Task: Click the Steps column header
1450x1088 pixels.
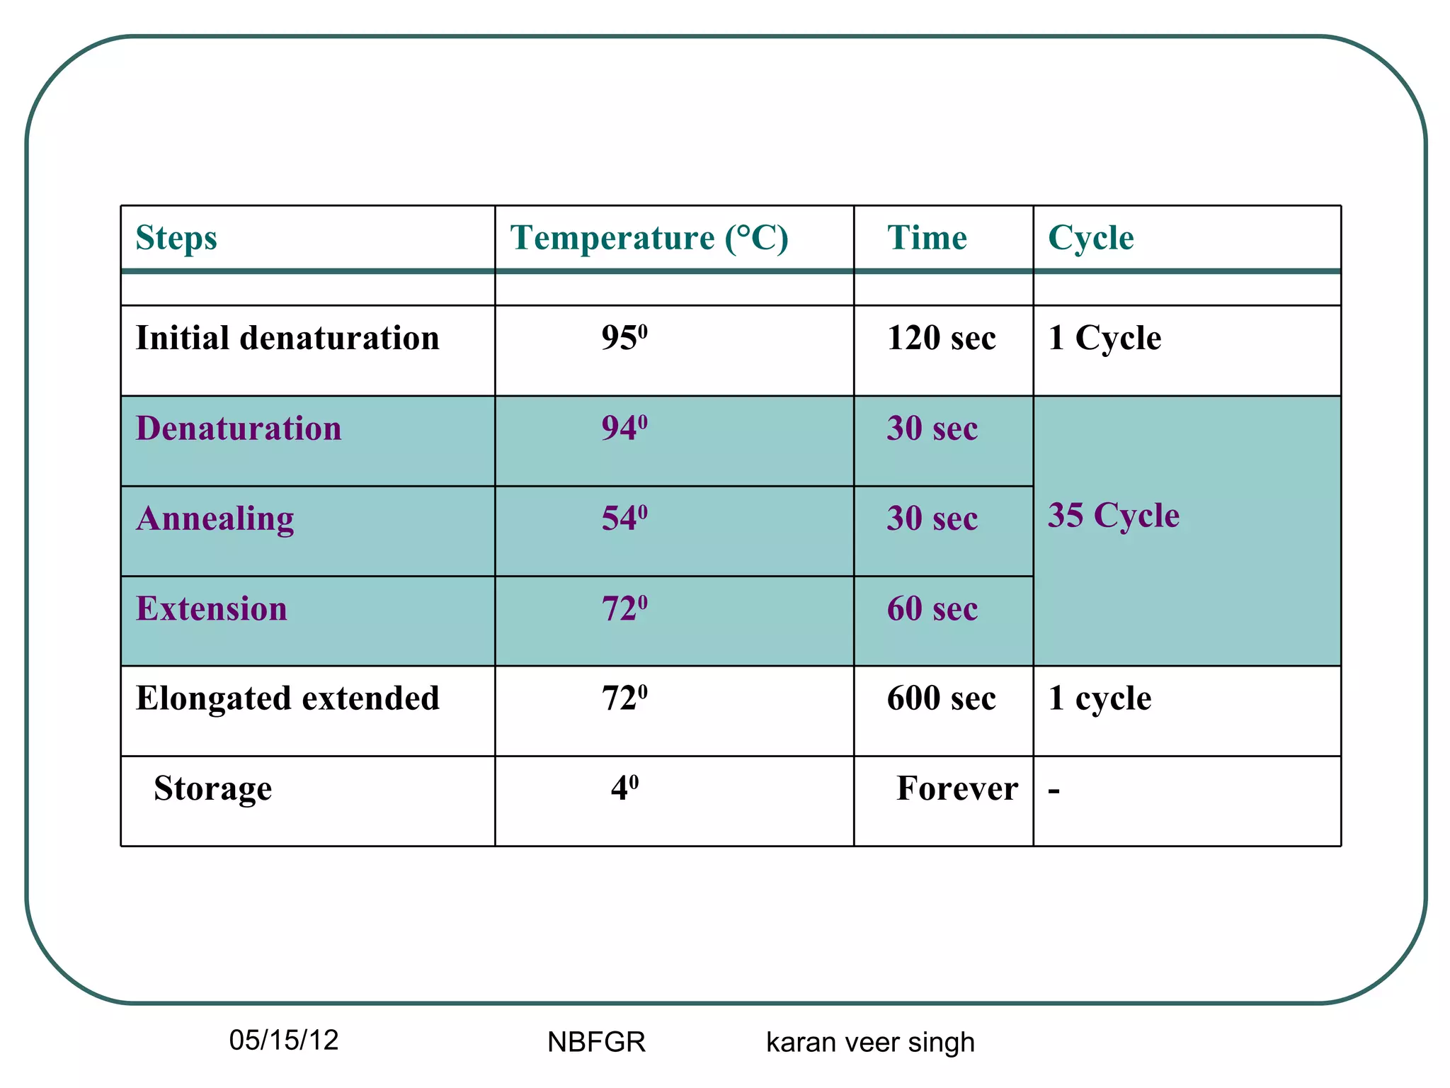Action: [x=176, y=238]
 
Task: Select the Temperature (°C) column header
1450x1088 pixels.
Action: [x=649, y=238]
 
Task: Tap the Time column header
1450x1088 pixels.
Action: [x=927, y=238]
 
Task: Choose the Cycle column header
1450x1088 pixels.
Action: [x=1090, y=238]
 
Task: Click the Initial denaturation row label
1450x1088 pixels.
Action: [x=287, y=338]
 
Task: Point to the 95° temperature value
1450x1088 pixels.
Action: [x=624, y=338]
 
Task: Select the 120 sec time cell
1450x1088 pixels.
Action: [x=941, y=338]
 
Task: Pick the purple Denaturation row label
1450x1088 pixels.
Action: [x=239, y=429]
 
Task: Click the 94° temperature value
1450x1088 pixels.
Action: [x=624, y=429]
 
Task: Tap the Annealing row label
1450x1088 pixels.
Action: [x=215, y=518]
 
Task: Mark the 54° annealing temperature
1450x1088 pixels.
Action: [x=624, y=518]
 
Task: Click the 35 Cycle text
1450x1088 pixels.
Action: [x=1113, y=515]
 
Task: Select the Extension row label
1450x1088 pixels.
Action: [x=212, y=608]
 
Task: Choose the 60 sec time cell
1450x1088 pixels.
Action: [x=932, y=608]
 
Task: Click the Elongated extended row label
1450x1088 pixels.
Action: [x=287, y=698]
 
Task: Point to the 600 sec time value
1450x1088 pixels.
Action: [x=941, y=698]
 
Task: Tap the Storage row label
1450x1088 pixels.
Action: [x=212, y=788]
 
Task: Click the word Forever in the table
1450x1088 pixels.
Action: [x=957, y=788]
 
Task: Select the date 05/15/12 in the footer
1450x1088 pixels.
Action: [x=284, y=1041]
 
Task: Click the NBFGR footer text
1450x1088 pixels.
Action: [x=596, y=1043]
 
